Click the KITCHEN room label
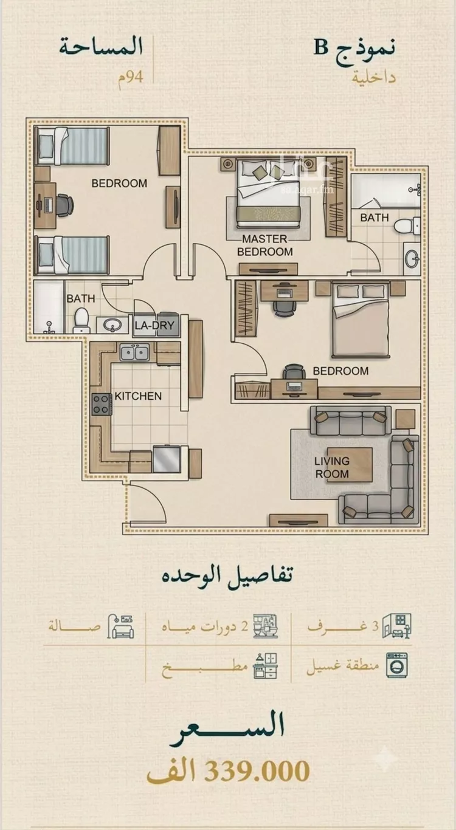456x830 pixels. pos(138,396)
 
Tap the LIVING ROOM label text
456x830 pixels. pos(332,467)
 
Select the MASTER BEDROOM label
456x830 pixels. pos(264,245)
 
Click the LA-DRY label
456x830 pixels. pos(154,325)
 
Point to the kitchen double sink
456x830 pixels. pos(134,352)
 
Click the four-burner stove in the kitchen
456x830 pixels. pos(102,404)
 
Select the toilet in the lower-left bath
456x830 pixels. pos(81,321)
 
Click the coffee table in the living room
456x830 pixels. pos(349,465)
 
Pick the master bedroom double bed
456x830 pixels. pos(268,193)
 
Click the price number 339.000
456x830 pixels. pos(257,770)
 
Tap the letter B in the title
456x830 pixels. pos(321,48)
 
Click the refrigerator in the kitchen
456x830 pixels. pos(167,459)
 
